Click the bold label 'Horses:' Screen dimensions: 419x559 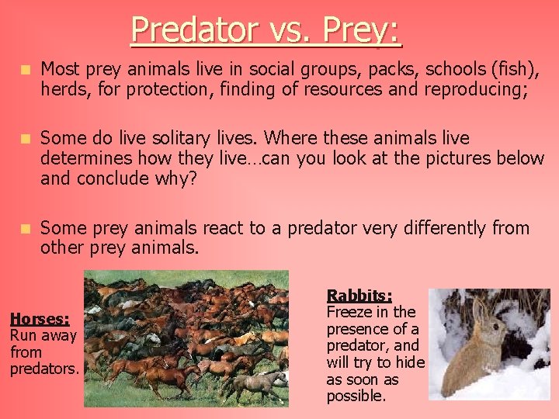coord(40,319)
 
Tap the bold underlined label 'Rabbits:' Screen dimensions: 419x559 coord(359,296)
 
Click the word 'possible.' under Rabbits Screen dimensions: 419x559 coord(357,396)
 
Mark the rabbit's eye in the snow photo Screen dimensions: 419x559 coord(490,327)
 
